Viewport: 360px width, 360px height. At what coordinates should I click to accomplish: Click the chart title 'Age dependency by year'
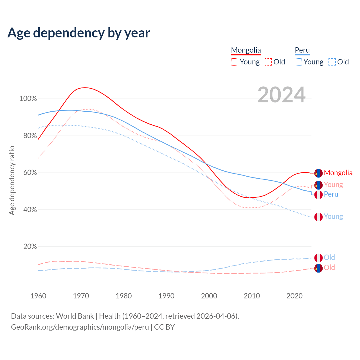(79, 33)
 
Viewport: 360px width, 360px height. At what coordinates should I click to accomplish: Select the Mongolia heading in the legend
(246, 50)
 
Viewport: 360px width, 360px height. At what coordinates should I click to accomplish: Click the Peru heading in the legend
(302, 50)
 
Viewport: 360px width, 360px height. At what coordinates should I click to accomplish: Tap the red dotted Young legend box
(235, 62)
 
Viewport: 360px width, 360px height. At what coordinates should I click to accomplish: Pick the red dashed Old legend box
(268, 62)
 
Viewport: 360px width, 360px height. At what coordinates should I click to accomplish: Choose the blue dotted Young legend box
(298, 62)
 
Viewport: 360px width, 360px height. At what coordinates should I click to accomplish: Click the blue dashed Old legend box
(332, 62)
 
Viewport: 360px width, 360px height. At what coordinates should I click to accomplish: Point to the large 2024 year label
(281, 95)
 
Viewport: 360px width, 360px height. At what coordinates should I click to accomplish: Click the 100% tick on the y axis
(28, 99)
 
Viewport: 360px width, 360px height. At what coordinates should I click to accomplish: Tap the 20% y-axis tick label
(30, 247)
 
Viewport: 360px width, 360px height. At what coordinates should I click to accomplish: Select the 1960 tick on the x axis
(38, 296)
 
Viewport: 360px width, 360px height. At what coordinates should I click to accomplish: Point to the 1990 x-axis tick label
(166, 296)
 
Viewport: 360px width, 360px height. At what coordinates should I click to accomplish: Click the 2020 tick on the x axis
(294, 296)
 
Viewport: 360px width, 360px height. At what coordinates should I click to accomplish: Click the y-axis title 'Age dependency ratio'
(12, 180)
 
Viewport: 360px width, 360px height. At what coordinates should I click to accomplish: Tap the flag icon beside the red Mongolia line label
(318, 173)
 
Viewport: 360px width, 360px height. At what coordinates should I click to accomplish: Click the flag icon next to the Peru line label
(318, 195)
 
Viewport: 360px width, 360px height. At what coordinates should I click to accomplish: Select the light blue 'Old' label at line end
(329, 257)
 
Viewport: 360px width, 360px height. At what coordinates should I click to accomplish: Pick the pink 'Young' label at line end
(333, 185)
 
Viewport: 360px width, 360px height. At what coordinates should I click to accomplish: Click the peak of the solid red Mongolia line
(85, 87)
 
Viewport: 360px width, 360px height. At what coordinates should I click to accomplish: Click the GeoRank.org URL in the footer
(80, 327)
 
